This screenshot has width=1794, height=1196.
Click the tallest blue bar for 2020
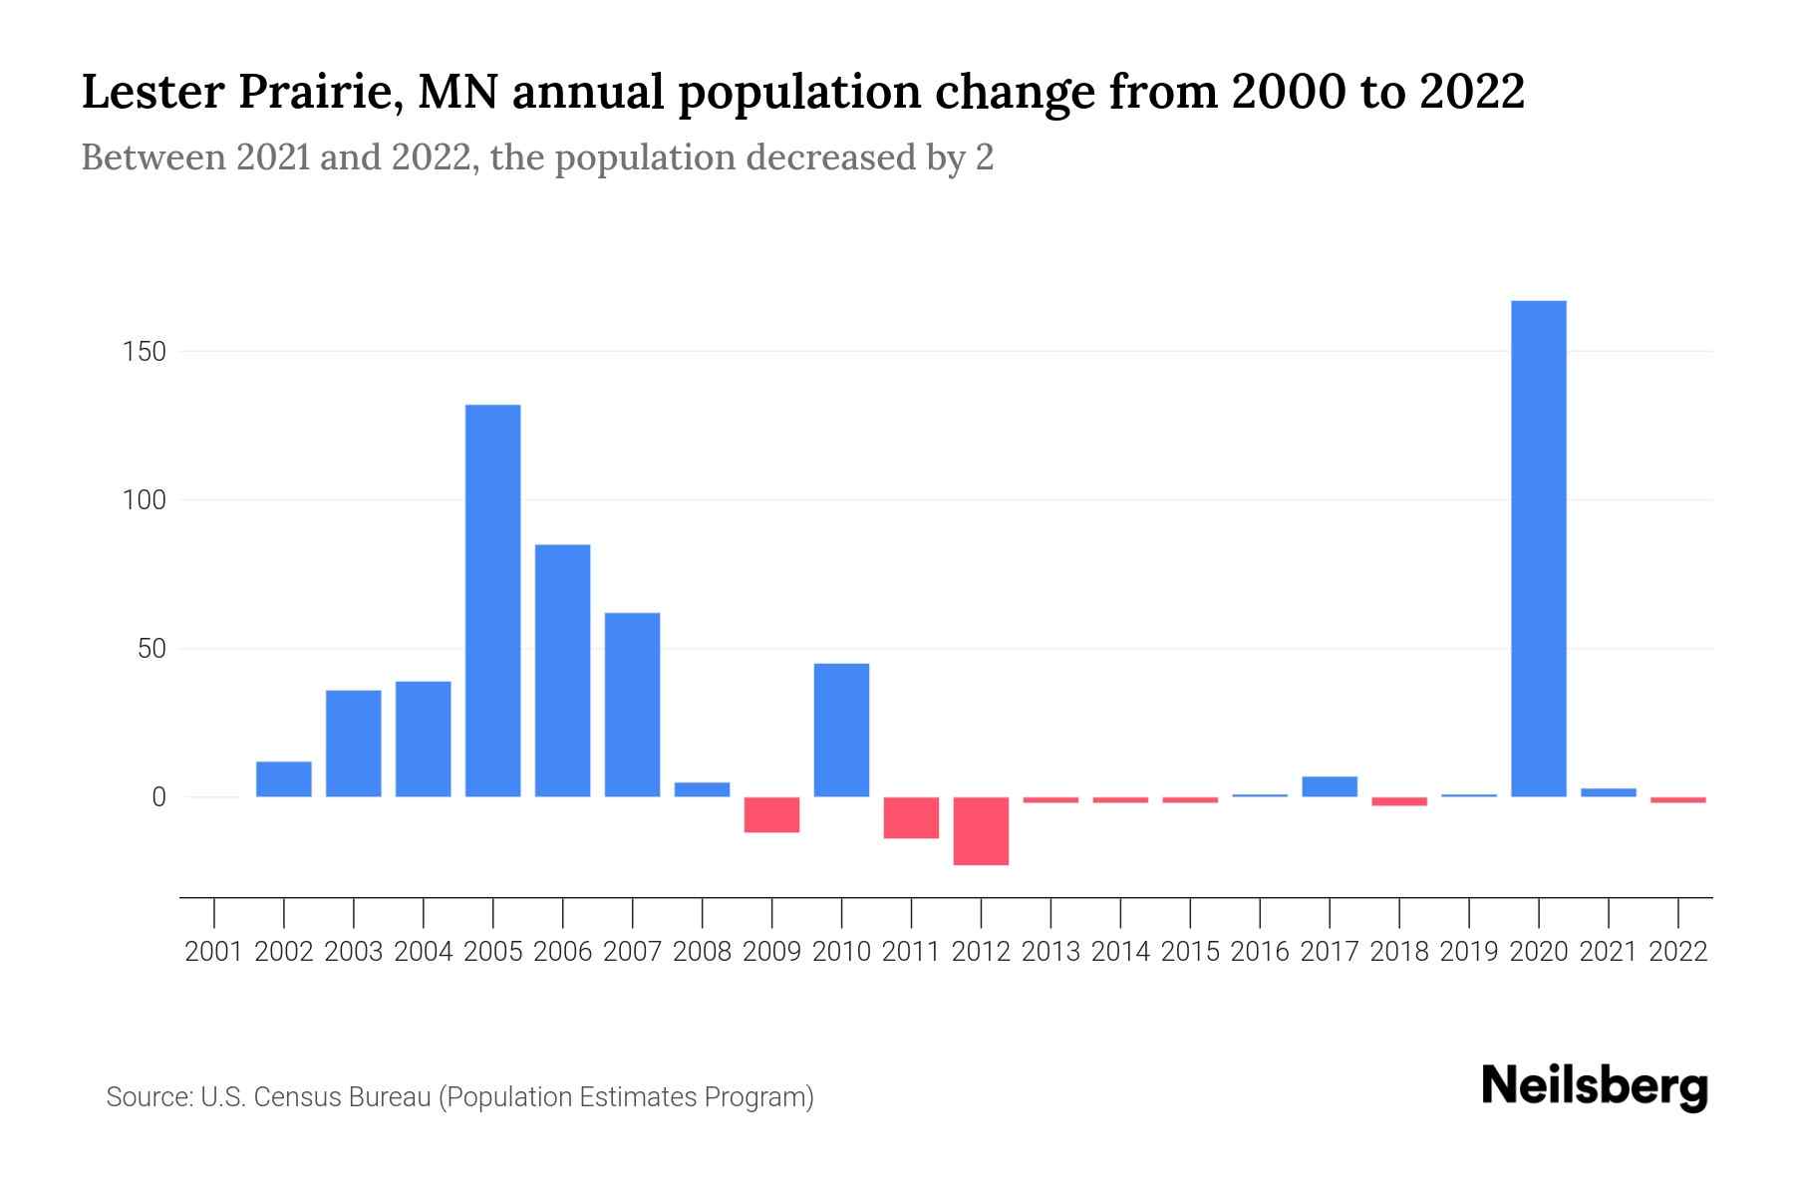tap(1539, 548)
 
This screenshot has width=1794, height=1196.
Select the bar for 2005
tap(493, 600)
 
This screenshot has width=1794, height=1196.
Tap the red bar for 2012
tap(982, 831)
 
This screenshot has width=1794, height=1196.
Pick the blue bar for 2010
tap(842, 730)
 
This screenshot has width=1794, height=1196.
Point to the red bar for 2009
tap(772, 814)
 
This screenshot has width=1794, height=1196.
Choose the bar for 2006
tap(563, 670)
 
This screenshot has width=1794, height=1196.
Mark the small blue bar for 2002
tap(284, 779)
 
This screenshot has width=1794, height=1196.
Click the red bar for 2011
tap(912, 817)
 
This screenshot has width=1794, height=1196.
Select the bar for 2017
tap(1330, 786)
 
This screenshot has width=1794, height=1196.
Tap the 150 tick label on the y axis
tap(145, 352)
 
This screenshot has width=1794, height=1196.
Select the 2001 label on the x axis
tap(214, 952)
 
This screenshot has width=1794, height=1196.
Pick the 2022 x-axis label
tap(1678, 952)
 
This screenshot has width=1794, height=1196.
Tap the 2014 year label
tap(1120, 952)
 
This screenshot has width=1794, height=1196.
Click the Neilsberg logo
tap(1595, 1086)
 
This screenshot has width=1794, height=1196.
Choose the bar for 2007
tap(633, 704)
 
